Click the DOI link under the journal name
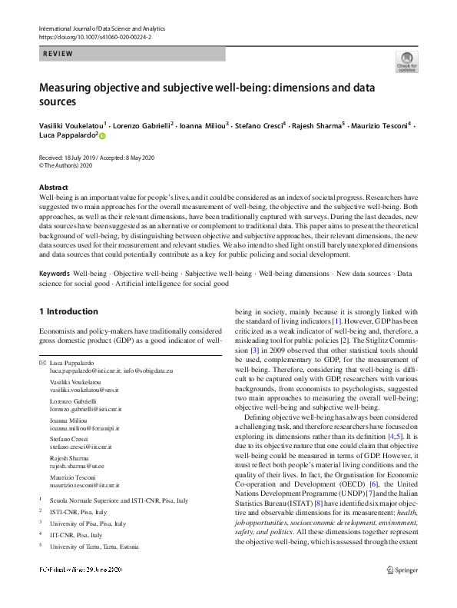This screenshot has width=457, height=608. [94, 36]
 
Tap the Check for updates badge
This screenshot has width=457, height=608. [406, 62]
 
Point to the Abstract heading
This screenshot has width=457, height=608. [54, 188]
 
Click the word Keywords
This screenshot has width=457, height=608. [55, 274]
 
